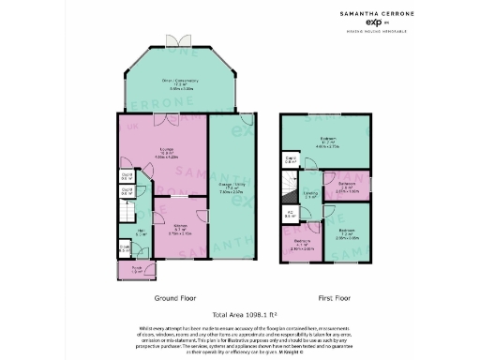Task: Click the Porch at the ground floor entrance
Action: click(x=137, y=271)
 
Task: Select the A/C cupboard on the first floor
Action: click(x=291, y=214)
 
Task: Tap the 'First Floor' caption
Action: click(x=333, y=298)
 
